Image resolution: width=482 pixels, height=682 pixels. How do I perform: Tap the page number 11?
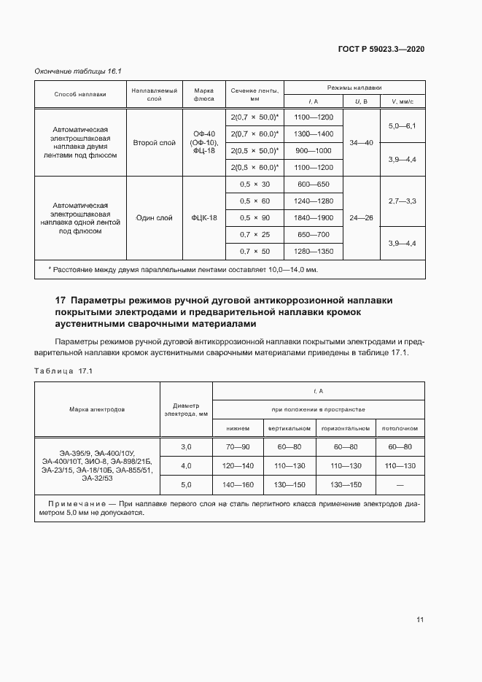coord(420,620)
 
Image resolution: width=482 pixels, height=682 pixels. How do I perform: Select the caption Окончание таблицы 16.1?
coord(77,71)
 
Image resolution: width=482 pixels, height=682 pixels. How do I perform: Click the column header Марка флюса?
coord(203,93)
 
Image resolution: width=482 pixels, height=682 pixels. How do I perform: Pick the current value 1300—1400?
coord(313,133)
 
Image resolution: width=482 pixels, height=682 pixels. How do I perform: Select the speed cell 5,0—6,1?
coord(402,126)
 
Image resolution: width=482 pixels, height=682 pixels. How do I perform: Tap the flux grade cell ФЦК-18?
coord(204,217)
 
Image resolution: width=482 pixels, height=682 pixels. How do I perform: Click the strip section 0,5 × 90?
coord(254,217)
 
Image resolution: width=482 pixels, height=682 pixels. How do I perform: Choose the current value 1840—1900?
coord(313,217)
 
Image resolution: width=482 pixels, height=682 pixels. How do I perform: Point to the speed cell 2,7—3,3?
coord(402,200)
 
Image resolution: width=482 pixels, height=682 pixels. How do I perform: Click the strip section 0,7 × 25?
coord(254,234)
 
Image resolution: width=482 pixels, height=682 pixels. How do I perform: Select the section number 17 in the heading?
coord(61,300)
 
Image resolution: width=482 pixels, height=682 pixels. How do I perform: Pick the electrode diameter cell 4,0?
coord(185,465)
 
